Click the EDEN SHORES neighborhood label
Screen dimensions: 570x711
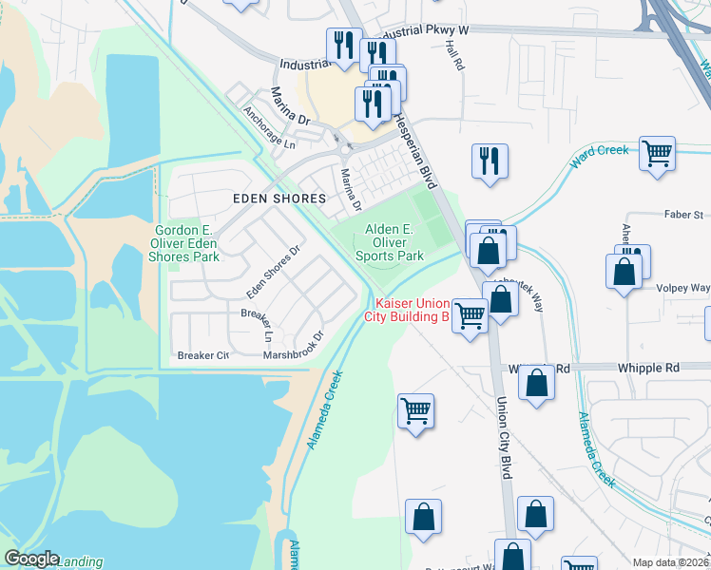(279, 199)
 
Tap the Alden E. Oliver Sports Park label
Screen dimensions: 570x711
(390, 242)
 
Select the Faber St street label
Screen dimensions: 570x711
(683, 215)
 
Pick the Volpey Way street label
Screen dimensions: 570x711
(685, 287)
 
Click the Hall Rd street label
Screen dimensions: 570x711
(453, 60)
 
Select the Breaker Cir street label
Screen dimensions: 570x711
(203, 355)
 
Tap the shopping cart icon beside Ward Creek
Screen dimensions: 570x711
(658, 153)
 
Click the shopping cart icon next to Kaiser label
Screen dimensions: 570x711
(470, 314)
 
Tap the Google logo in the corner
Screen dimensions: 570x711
(31, 559)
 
